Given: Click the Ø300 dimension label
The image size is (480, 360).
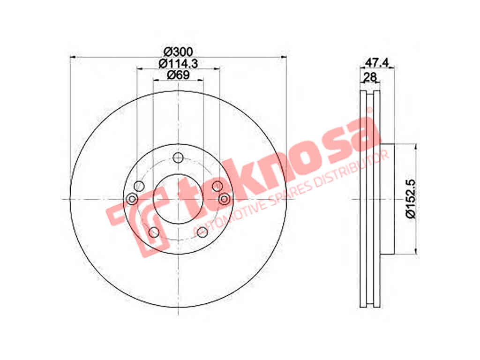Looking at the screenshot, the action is pyautogui.click(x=178, y=51).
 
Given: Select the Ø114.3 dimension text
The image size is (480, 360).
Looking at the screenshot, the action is pyautogui.click(x=179, y=63).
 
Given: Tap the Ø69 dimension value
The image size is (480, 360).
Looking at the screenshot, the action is pyautogui.click(x=179, y=75).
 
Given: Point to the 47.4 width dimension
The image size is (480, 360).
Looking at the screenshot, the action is pyautogui.click(x=377, y=62).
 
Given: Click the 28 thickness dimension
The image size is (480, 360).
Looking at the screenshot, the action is pyautogui.click(x=369, y=77).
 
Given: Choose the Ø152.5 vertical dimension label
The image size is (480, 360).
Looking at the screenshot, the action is pyautogui.click(x=411, y=199).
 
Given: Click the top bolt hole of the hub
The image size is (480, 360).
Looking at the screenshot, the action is pyautogui.click(x=178, y=158).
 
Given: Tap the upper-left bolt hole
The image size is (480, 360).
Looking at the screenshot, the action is pyautogui.click(x=139, y=186).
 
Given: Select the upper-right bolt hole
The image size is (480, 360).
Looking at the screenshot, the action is pyautogui.click(x=217, y=186).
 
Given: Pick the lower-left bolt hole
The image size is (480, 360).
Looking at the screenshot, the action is pyautogui.click(x=154, y=232).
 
